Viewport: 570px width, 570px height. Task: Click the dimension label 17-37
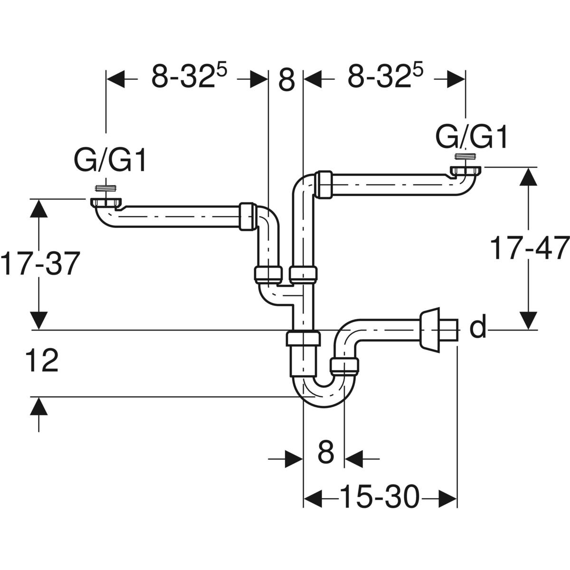pos(38,264)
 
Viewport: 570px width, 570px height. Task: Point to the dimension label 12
pos(42,361)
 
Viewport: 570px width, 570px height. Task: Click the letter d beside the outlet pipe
pos(478,329)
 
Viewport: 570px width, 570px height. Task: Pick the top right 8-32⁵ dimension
pos(385,77)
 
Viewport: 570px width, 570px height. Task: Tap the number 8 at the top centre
pos(286,79)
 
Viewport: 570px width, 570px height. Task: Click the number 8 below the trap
pos(325,452)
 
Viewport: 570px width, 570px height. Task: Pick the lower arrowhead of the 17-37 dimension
pos(38,319)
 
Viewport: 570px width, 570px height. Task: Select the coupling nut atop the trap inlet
pos(303,339)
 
